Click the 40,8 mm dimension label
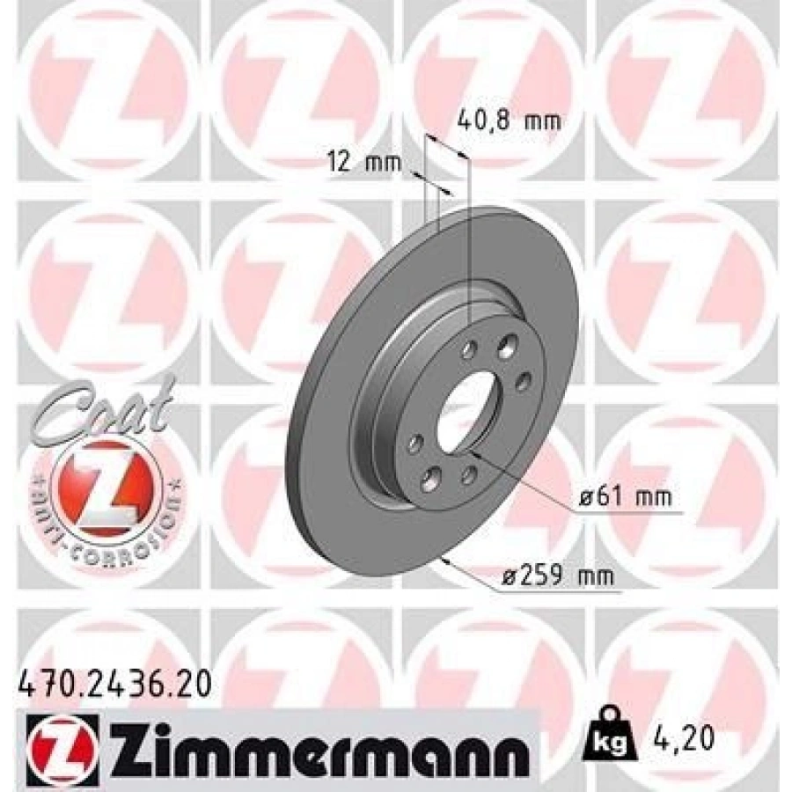click(x=509, y=121)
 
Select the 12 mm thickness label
click(x=364, y=162)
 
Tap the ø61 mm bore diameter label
click(x=625, y=497)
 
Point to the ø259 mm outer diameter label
click(x=557, y=575)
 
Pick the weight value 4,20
click(x=682, y=738)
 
